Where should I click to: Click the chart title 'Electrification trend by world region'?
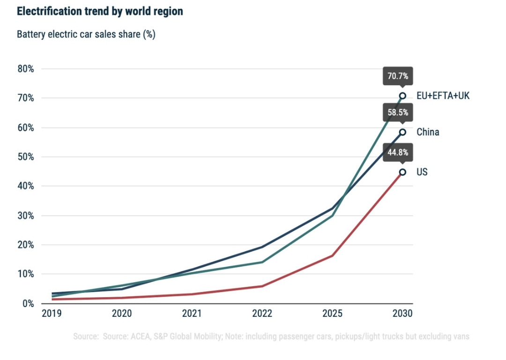100,12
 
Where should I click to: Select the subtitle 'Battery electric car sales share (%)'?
86,35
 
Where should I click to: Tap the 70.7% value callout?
398,76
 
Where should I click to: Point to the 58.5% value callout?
398,112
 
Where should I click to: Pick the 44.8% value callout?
398,152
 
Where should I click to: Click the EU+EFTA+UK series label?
443,96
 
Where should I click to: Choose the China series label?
428,132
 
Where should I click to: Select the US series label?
422,172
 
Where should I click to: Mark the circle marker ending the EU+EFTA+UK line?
402,96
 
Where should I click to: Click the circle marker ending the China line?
402,132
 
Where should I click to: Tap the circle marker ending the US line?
402,172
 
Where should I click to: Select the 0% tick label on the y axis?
28,303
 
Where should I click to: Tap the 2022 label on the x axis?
261,313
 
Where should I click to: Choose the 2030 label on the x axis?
402,313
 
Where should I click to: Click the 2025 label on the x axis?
332,313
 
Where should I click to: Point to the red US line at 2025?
332,255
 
